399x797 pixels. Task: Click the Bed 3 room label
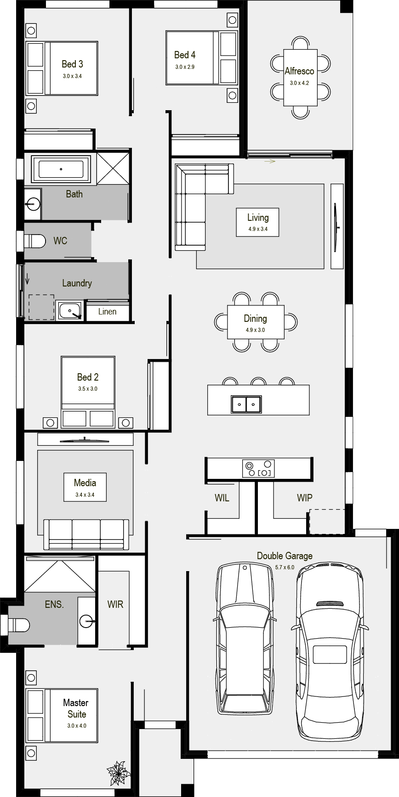point(72,64)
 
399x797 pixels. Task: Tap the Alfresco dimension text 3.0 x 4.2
point(299,84)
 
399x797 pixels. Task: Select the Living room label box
point(257,222)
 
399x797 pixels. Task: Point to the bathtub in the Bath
point(61,169)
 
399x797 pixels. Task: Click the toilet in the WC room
point(35,241)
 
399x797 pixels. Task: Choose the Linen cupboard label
point(107,312)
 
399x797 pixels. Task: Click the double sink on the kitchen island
point(246,404)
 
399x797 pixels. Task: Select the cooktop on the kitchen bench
point(258,469)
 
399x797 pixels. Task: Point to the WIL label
point(222,498)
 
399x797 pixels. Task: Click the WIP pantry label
point(304,498)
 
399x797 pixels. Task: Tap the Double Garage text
point(285,556)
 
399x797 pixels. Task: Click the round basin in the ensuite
point(87,622)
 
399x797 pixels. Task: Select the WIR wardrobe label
point(115,604)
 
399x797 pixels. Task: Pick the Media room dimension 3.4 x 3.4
point(85,495)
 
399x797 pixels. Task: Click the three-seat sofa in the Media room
point(86,534)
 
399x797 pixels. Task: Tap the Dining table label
point(255,319)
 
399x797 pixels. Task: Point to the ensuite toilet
point(19,625)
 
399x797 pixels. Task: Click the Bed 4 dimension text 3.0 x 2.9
point(185,67)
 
